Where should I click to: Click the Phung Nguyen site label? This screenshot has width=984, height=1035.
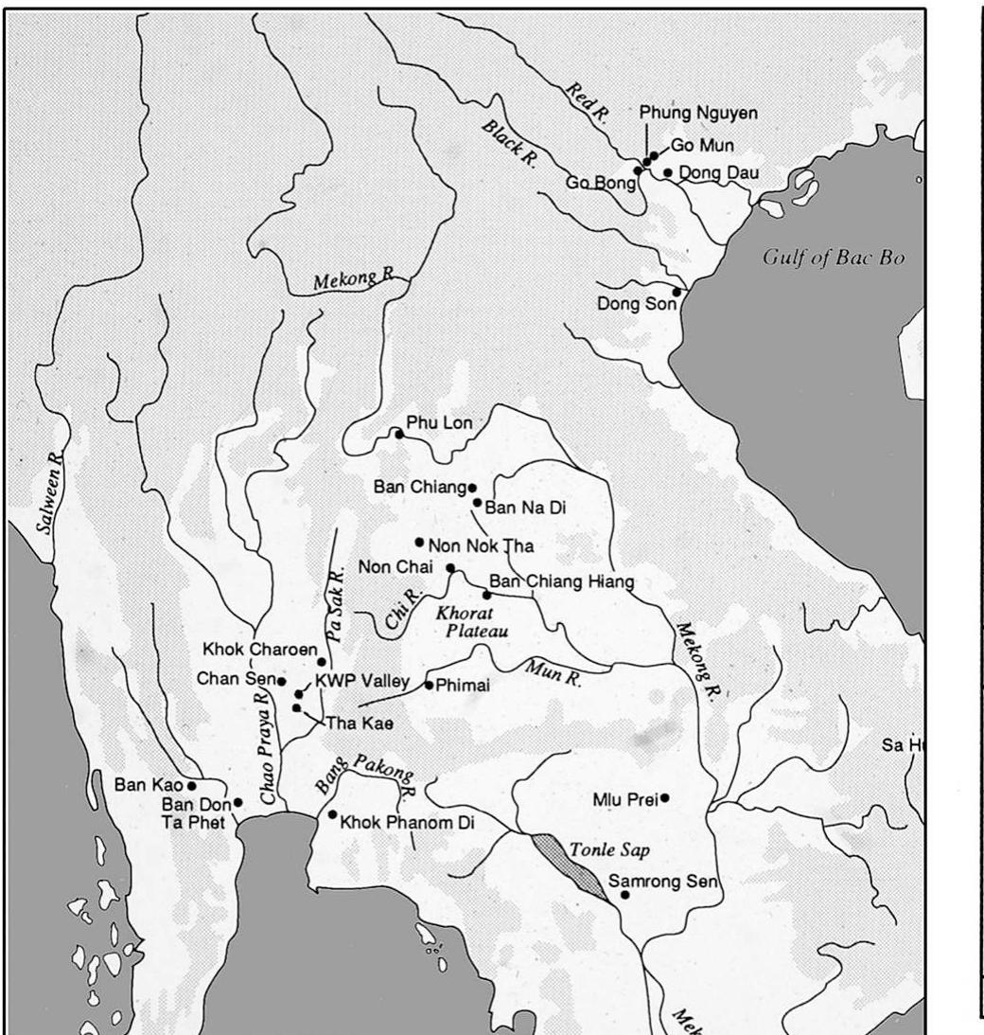[698, 113]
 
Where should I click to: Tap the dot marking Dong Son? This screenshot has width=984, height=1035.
[676, 292]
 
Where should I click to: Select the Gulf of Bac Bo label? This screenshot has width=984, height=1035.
[834, 259]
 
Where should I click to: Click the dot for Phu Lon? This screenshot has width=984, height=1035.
[399, 435]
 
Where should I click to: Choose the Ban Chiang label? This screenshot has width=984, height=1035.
[420, 488]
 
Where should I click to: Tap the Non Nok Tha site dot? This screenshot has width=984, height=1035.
[419, 543]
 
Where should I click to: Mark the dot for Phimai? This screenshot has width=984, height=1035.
[429, 685]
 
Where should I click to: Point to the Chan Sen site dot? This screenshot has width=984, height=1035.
[281, 681]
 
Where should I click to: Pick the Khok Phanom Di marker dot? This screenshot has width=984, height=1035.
[332, 814]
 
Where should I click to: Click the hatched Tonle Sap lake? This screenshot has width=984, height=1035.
[569, 865]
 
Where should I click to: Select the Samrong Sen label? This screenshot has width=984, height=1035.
[663, 883]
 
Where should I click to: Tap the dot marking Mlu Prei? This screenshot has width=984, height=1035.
[665, 797]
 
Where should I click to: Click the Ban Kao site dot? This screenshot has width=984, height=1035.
[192, 785]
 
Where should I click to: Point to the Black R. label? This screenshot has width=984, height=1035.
[509, 143]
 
